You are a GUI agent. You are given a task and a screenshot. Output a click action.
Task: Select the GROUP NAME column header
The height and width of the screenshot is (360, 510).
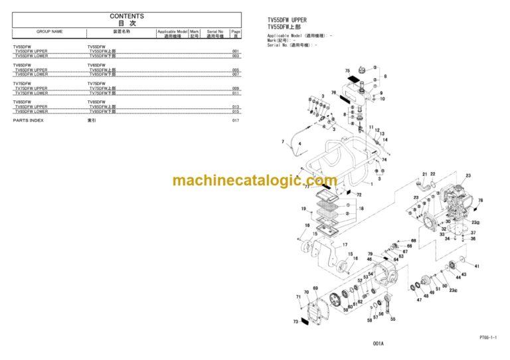click(50, 31)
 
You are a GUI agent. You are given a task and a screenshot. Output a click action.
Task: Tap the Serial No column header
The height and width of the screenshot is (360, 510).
click(215, 31)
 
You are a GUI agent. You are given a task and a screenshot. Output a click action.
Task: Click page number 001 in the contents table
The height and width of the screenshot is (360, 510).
click(236, 51)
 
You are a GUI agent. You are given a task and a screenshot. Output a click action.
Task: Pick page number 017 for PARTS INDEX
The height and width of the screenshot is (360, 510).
click(236, 120)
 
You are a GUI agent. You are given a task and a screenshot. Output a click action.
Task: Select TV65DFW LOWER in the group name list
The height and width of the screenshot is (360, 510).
click(32, 74)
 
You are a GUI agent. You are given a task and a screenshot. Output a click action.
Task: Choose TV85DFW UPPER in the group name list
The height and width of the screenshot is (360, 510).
click(32, 107)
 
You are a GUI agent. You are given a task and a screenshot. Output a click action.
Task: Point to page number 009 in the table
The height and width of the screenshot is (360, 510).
click(236, 88)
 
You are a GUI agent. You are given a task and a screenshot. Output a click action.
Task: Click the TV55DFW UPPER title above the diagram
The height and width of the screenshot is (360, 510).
click(287, 20)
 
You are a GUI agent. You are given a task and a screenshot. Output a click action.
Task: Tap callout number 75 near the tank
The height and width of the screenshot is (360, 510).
click(347, 70)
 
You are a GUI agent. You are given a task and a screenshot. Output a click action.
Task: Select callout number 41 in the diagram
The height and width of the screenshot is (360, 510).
click(477, 266)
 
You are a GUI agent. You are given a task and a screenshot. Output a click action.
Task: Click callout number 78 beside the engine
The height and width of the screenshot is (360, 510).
click(480, 200)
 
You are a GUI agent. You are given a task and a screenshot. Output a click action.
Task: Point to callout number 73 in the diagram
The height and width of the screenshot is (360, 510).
click(296, 321)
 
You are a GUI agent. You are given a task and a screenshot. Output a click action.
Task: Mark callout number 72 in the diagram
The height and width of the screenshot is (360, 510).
click(359, 195)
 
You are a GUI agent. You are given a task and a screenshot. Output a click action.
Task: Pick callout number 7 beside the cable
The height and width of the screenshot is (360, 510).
click(283, 141)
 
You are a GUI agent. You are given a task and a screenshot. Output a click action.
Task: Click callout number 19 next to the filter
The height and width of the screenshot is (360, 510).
click(303, 209)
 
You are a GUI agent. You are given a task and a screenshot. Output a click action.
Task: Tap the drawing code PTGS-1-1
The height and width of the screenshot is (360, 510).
click(487, 339)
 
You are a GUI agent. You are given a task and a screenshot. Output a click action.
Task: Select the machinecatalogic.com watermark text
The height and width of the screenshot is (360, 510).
click(255, 180)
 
